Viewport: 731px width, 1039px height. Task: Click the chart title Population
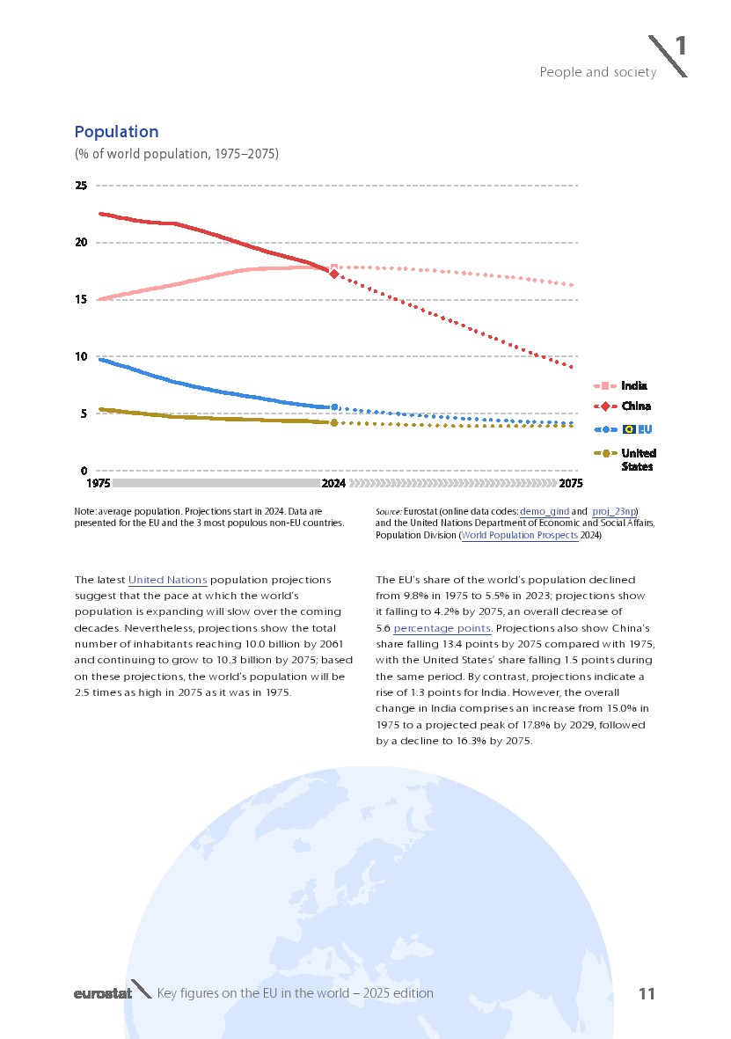point(116,132)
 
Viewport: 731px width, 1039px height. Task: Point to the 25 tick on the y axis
point(81,186)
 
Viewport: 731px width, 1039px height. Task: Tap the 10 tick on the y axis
point(81,356)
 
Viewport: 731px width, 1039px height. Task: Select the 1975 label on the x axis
point(98,484)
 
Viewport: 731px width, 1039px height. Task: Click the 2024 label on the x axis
point(333,484)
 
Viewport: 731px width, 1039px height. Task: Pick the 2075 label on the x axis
point(571,484)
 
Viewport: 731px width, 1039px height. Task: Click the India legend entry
point(633,385)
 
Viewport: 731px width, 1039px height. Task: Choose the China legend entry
point(635,406)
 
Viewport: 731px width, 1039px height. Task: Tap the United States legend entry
point(638,459)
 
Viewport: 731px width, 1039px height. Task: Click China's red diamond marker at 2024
point(333,274)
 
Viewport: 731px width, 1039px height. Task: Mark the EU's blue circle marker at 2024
point(333,407)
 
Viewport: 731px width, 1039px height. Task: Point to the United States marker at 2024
point(333,423)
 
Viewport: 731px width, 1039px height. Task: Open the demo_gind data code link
point(545,511)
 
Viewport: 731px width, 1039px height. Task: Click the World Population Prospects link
point(519,535)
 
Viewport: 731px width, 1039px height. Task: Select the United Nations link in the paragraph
point(167,581)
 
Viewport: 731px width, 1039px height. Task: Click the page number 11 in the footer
point(647,994)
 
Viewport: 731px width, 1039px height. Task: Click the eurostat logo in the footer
point(102,994)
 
